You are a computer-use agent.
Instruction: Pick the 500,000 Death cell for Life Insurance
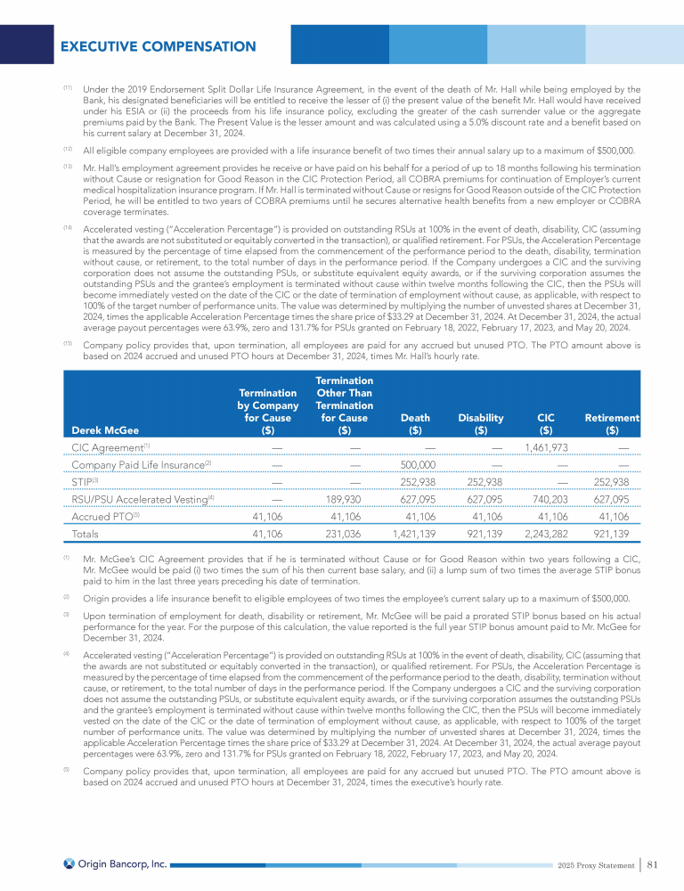coord(416,464)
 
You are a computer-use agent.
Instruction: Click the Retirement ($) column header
coord(612,423)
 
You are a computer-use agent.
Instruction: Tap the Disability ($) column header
coord(481,423)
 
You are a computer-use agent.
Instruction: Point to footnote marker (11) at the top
coord(68,88)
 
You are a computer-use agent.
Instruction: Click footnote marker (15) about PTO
coord(68,342)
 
